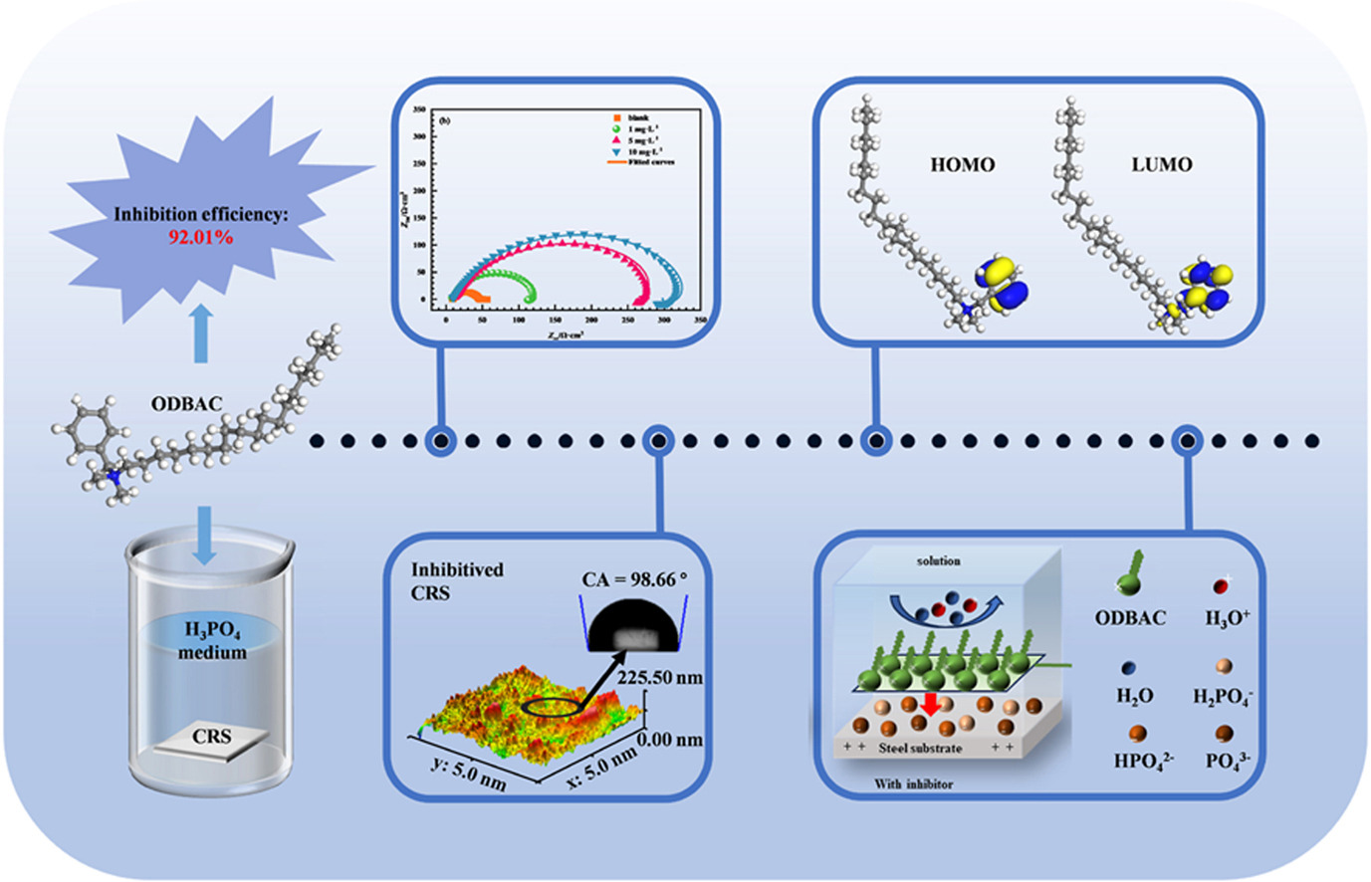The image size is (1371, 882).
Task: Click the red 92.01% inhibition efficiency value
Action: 200,238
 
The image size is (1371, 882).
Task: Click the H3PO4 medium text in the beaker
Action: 212,640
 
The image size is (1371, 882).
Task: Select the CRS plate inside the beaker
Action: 212,739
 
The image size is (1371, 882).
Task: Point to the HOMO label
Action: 962,165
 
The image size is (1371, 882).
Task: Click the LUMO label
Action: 1161,165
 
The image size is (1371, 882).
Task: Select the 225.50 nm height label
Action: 660,678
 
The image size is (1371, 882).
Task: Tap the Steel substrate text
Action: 921,748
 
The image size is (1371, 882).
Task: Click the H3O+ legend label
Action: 1227,618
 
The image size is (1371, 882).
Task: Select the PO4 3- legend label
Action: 1228,762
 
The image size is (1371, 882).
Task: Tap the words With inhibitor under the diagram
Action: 913,784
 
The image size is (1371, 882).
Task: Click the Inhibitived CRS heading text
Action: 458,581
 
